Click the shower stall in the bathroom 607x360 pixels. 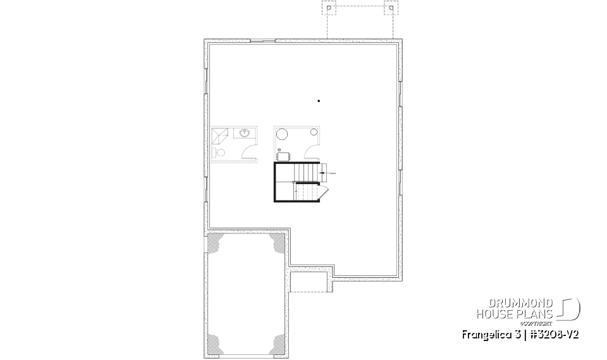(220, 136)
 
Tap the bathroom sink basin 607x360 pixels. (244, 133)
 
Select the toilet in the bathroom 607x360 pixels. (220, 152)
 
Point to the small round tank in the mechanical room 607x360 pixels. (313, 132)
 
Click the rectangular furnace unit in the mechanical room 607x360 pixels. (283, 156)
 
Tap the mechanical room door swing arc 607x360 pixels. (312, 152)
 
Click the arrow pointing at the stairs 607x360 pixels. (329, 172)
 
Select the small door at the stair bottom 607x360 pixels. (322, 192)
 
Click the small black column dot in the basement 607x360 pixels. (319, 101)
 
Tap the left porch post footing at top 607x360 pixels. (329, 9)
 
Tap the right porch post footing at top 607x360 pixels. (391, 9)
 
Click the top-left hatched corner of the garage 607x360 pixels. (216, 244)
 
